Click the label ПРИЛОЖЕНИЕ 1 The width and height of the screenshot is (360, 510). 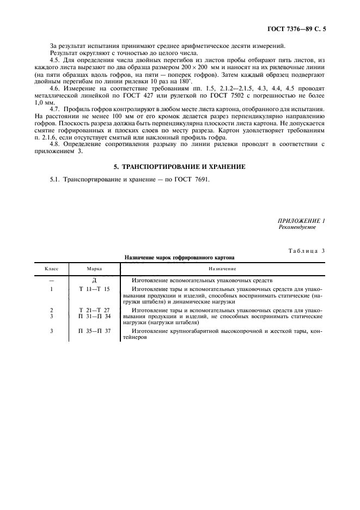[301, 221]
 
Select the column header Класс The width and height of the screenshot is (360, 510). [51, 269]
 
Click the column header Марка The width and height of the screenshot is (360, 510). [94, 269]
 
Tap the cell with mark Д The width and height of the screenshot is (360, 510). [94, 280]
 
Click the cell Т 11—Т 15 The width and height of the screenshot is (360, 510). [94, 289]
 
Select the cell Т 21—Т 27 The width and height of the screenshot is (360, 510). [94, 309]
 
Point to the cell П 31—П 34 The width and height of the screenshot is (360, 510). [94, 315]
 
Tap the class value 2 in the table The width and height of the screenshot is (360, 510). [51, 309]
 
